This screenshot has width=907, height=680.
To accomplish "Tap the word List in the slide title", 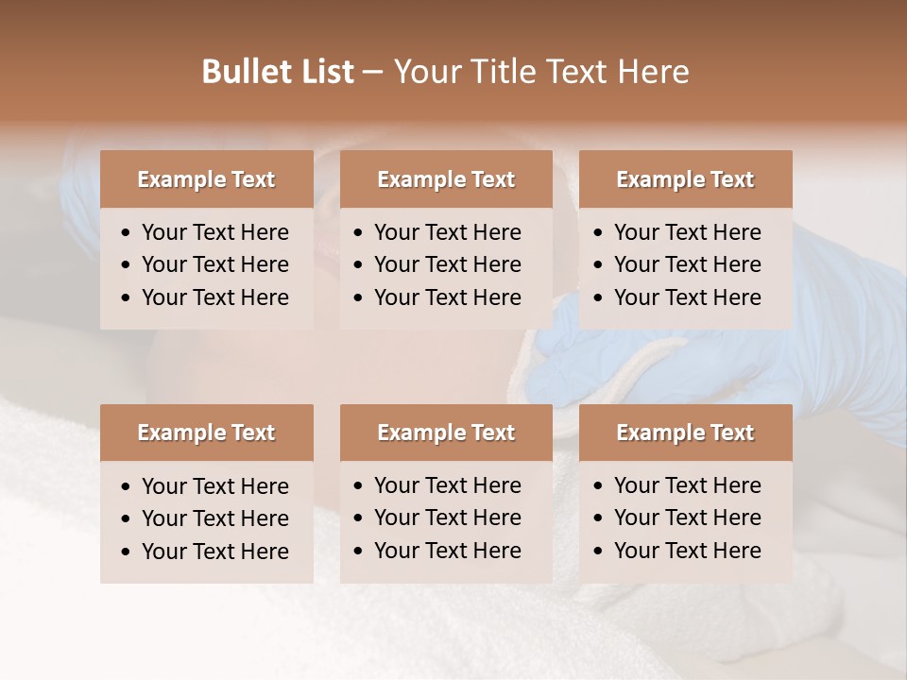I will coord(324,72).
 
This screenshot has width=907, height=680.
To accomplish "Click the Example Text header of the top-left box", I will coord(206,179).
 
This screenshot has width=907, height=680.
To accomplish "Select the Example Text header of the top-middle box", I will coord(446,179).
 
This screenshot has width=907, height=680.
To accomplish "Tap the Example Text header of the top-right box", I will coord(685,179).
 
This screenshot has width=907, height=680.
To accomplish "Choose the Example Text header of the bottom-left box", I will coord(206,433).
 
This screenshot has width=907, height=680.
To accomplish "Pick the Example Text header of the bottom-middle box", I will coord(446,433).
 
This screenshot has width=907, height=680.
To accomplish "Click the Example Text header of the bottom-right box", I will coord(685,433).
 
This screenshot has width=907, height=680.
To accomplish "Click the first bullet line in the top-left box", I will coord(214,232).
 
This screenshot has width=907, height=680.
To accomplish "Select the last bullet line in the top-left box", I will coord(214,297).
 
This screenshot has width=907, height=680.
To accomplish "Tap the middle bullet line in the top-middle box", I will coord(447,264).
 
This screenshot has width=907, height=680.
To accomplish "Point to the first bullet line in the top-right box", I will coord(687,232).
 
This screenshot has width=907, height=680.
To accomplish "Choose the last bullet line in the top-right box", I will coord(687,297).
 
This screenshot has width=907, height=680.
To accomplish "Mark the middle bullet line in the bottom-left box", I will coord(214,518).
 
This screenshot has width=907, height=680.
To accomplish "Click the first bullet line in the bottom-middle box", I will coord(447,485).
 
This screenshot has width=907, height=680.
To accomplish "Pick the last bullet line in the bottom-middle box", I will coord(447,551).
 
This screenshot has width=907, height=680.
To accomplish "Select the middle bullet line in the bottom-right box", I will coord(687,518).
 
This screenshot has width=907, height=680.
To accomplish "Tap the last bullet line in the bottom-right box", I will coord(687,551).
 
